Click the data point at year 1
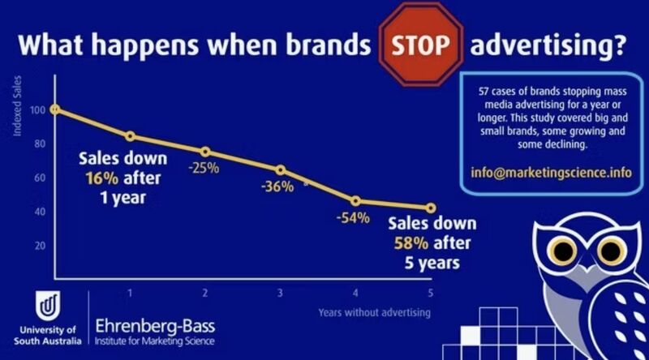click(x=130, y=136)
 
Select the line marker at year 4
click(x=355, y=200)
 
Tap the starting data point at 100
click(x=54, y=109)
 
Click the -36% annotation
click(x=277, y=186)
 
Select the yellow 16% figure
click(x=96, y=178)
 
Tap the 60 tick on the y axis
click(x=39, y=178)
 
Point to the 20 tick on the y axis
click(x=39, y=245)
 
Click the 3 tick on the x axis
click(x=280, y=293)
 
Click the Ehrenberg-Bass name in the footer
click(x=155, y=325)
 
